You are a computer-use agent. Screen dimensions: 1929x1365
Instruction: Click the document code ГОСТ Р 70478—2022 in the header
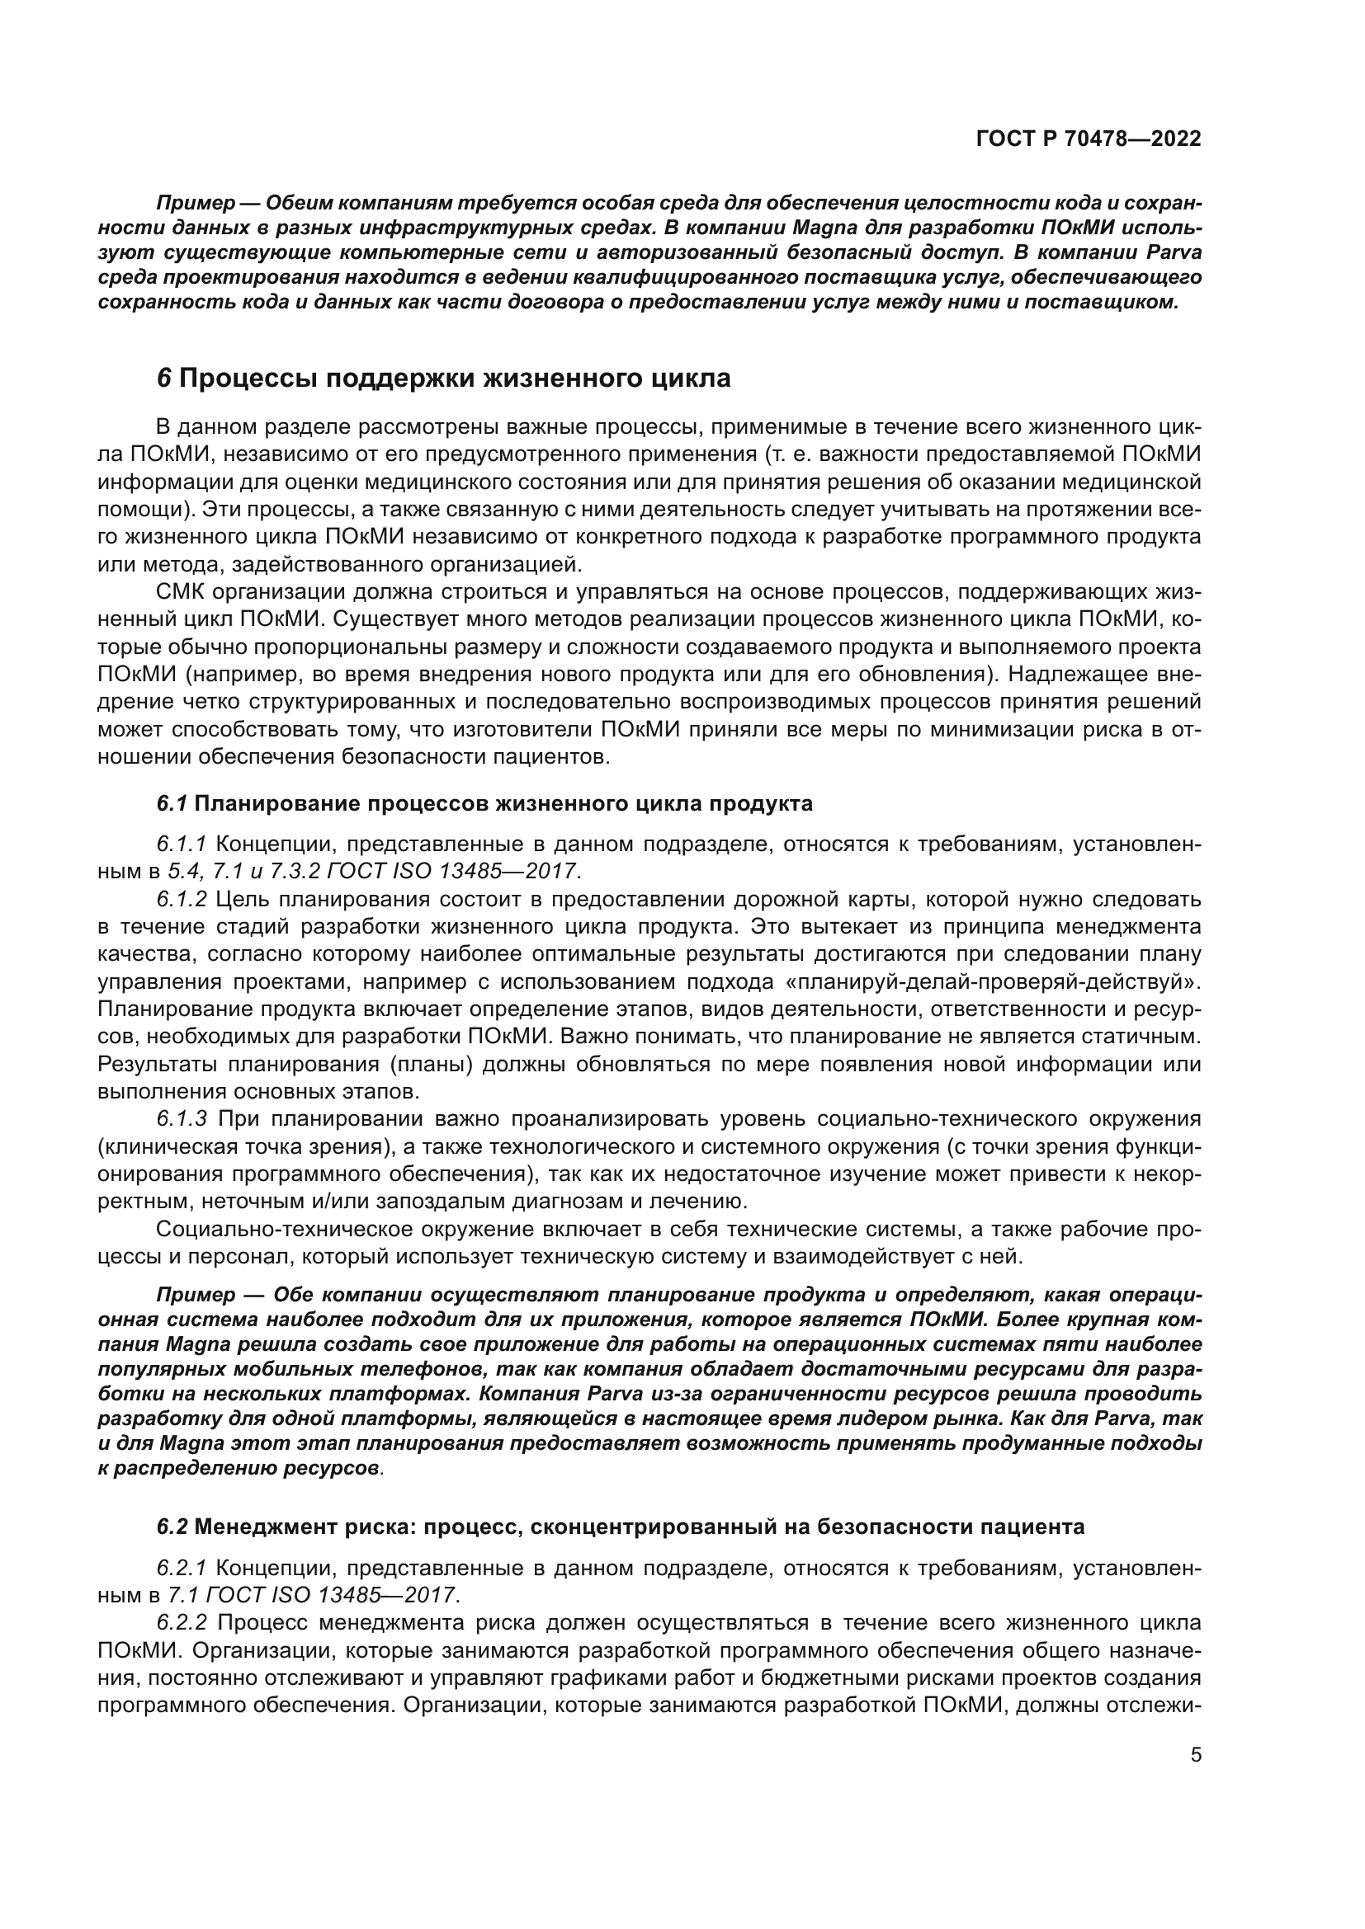[x=1089, y=139]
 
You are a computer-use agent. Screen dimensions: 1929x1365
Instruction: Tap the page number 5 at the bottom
[x=1196, y=1755]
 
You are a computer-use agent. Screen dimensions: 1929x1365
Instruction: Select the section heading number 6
[x=164, y=379]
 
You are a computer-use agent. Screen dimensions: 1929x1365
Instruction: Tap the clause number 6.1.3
[x=182, y=1119]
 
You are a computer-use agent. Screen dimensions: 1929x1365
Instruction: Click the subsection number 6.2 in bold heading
[x=172, y=1527]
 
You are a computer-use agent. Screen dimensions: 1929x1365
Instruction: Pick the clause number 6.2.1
[x=182, y=1568]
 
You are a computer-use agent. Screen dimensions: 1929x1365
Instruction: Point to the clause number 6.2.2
[x=182, y=1622]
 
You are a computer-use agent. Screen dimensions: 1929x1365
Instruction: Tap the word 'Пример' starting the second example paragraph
[x=195, y=1295]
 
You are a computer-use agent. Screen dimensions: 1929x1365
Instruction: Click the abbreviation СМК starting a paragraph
[x=180, y=592]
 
